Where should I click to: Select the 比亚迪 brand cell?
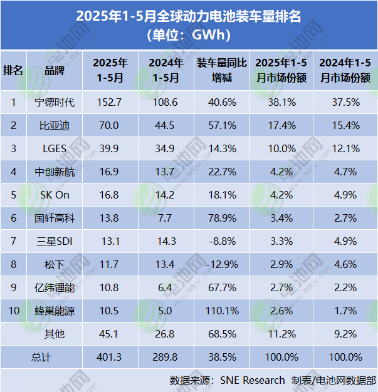click(x=55, y=125)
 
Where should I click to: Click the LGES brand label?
click(x=55, y=148)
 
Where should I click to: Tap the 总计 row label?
click(x=41, y=357)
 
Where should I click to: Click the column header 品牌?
click(x=55, y=70)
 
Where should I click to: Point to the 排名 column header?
click(x=13, y=70)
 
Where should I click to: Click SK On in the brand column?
click(x=55, y=195)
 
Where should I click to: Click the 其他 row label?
click(x=55, y=334)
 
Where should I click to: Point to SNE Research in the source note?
click(x=253, y=380)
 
